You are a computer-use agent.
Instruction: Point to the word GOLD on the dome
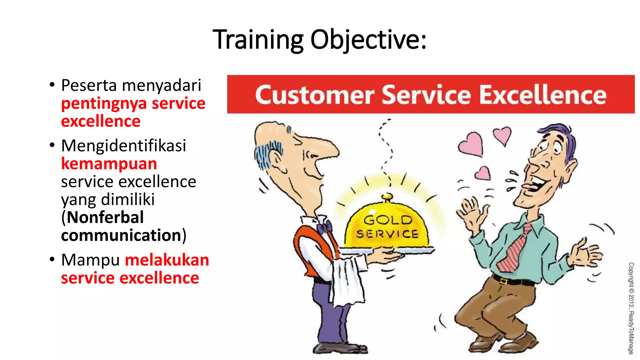(388, 220)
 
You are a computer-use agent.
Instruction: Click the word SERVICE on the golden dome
(387, 234)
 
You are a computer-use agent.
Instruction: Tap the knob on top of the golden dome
(387, 197)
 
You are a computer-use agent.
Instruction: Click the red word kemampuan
(109, 164)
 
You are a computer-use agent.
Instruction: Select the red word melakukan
(167, 260)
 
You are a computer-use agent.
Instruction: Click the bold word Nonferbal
(105, 217)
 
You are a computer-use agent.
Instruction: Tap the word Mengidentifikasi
(123, 146)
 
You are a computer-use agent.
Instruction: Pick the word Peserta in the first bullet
(89, 85)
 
